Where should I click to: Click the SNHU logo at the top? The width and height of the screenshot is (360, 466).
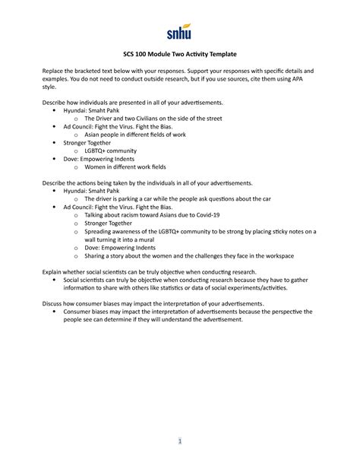tap(179, 32)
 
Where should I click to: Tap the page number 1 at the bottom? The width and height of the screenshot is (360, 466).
tap(180, 442)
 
